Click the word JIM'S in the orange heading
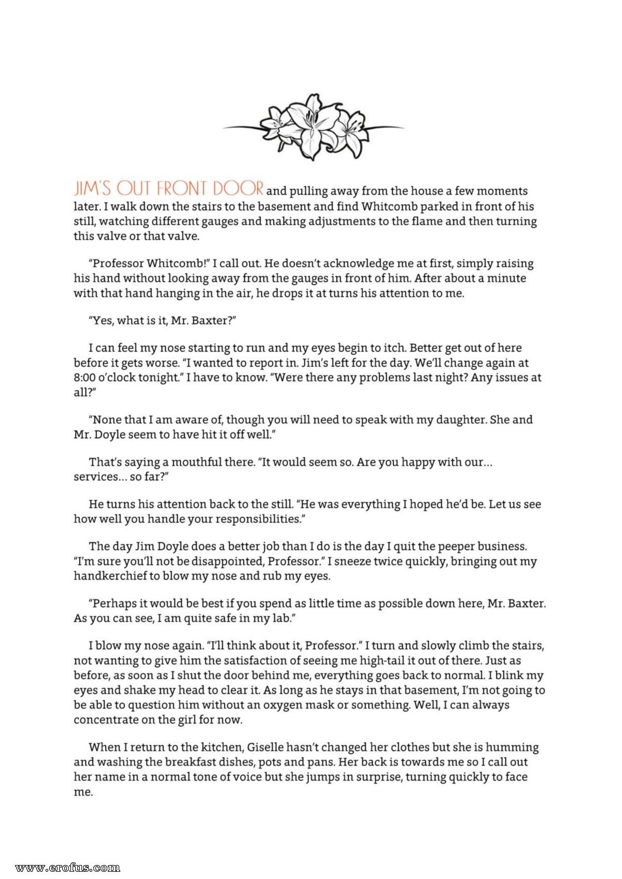click(x=92, y=188)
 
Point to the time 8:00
click(x=84, y=377)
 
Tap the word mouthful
click(x=196, y=462)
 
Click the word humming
click(x=513, y=747)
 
